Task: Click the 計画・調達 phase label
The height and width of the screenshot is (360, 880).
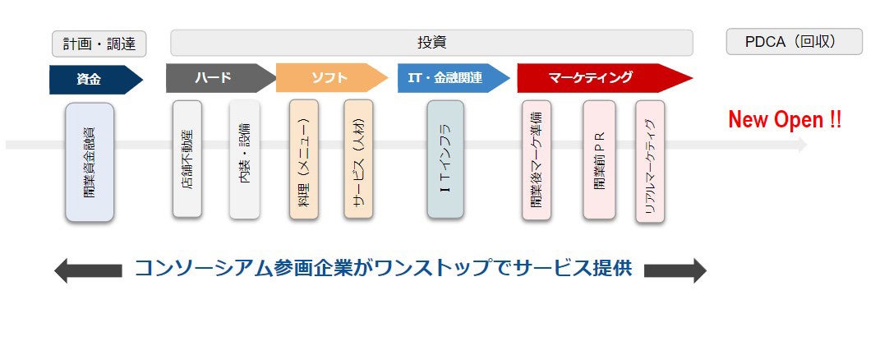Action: (99, 43)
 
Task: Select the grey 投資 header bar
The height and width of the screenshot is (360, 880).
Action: (431, 43)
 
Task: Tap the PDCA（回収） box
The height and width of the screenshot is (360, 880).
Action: (794, 42)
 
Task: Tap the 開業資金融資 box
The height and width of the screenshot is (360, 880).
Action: (90, 162)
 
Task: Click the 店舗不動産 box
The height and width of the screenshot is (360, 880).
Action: (187, 159)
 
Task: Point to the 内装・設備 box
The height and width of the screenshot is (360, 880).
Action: (245, 159)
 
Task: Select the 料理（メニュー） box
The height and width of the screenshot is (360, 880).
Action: (303, 159)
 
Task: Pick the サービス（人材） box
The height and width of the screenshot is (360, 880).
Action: (359, 159)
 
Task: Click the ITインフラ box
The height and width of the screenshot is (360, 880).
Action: (445, 159)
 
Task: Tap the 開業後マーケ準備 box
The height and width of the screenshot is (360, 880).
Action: (537, 160)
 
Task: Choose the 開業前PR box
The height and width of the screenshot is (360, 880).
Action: (599, 160)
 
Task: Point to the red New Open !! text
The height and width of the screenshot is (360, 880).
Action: (785, 120)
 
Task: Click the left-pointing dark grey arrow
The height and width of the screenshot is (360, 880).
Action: (87, 270)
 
